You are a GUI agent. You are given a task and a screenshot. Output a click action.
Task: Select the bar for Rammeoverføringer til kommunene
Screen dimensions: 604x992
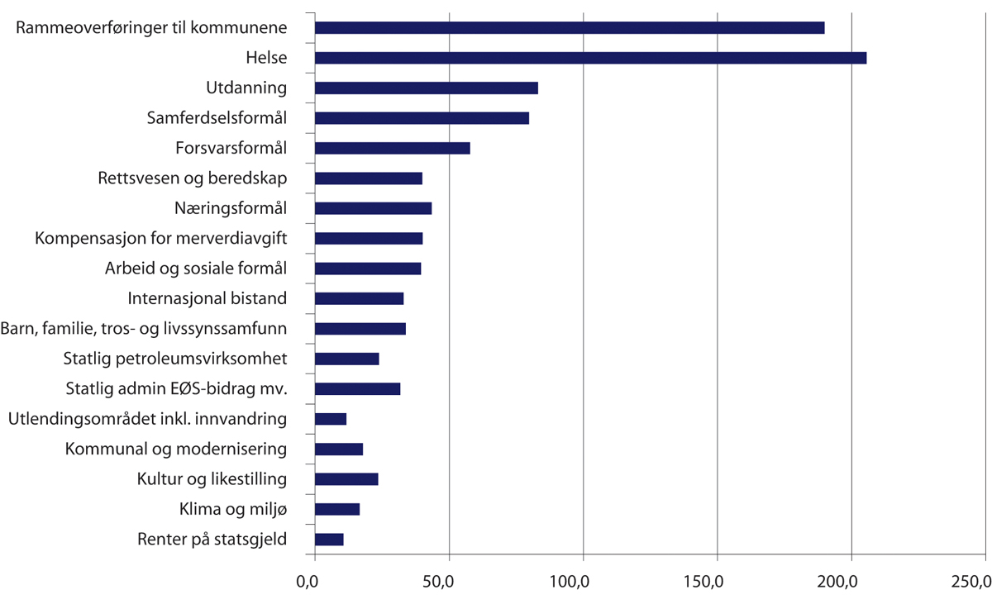[x=570, y=28]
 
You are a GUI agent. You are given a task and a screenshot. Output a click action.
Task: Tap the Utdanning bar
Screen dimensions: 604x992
[x=427, y=88]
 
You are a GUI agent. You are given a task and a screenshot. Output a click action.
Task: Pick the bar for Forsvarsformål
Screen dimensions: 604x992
[x=393, y=149]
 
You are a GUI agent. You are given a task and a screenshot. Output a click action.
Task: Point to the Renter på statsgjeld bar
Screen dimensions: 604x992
[x=329, y=540]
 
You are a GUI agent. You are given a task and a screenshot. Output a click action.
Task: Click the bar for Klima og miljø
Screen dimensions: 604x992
[x=337, y=509]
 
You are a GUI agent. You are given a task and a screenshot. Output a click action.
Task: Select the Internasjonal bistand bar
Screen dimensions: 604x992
[x=360, y=298]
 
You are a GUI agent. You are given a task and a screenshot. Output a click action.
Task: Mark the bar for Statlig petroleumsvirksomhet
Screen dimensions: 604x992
[x=347, y=359]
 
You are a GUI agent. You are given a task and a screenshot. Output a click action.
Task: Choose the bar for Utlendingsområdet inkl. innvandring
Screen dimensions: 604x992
[x=331, y=419]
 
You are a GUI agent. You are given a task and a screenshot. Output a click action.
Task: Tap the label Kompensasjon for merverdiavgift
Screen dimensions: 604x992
[x=161, y=239]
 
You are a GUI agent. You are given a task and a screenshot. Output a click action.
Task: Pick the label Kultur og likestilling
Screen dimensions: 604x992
[x=212, y=479]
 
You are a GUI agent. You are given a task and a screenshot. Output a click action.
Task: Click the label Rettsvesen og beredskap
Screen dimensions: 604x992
[x=192, y=178]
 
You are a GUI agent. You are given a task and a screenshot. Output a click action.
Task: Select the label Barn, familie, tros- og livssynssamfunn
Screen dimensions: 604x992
[x=144, y=329]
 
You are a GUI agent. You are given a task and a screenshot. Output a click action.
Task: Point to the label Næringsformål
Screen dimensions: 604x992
[x=231, y=208]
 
